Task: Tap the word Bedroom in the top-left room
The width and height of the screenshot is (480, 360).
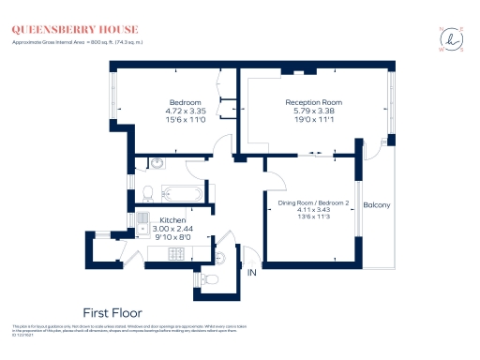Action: coord(185,102)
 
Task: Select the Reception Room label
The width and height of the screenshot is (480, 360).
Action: coord(313,102)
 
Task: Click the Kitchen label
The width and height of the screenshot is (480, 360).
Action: coord(171,220)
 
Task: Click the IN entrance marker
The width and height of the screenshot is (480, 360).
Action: coord(251,273)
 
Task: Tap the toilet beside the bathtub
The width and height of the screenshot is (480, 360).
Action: coord(146,192)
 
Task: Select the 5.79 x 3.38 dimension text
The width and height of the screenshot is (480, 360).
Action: coord(313,111)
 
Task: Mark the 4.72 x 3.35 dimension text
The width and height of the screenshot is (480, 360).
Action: coord(185,111)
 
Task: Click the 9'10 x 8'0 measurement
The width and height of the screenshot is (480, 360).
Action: coord(171,237)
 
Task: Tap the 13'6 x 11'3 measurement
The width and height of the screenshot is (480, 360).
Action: coord(312,218)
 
